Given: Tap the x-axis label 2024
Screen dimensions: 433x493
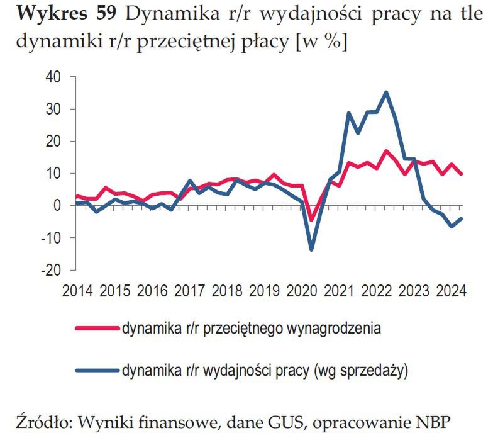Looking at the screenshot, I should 450,292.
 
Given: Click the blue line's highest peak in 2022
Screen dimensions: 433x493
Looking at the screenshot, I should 386,92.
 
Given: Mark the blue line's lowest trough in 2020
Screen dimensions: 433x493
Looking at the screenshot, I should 311,250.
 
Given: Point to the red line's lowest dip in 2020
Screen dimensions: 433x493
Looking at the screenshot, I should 311,220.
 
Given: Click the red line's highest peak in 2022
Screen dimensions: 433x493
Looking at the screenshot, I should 386,150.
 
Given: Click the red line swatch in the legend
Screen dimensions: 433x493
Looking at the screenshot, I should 96,329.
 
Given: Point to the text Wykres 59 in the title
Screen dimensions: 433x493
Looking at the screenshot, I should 60,16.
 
